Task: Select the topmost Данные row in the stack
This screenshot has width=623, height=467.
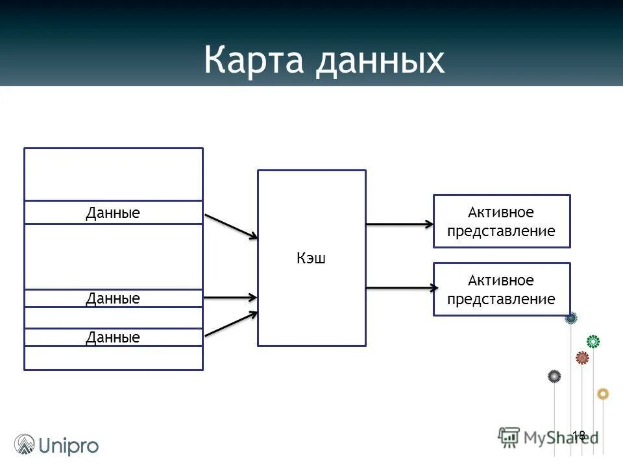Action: pyautogui.click(x=113, y=213)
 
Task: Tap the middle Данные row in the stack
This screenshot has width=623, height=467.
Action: pyautogui.click(x=113, y=298)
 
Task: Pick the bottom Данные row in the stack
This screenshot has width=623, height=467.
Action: pyautogui.click(x=113, y=337)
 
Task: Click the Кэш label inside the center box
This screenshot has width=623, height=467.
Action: pyautogui.click(x=311, y=258)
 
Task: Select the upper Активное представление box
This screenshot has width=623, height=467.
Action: pyautogui.click(x=502, y=221)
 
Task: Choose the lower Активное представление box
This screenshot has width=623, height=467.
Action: pyautogui.click(x=502, y=289)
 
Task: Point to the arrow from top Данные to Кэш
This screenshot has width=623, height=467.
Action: pyautogui.click(x=231, y=226)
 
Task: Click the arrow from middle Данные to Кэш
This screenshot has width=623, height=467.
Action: pyautogui.click(x=231, y=298)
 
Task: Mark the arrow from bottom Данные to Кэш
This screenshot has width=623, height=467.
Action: pyautogui.click(x=231, y=324)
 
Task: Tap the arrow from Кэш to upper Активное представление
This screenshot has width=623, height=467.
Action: pyautogui.click(x=399, y=224)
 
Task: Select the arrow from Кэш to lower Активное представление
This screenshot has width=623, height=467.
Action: pyautogui.click(x=399, y=287)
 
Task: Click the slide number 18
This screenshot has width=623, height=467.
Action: pyautogui.click(x=579, y=435)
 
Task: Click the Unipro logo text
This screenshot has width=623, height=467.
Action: pyautogui.click(x=69, y=446)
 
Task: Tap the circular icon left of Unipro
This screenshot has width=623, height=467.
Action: pyautogui.click(x=25, y=444)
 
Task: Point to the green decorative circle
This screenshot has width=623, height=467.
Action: pyautogui.click(x=593, y=341)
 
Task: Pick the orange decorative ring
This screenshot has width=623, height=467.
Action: pyautogui.click(x=603, y=394)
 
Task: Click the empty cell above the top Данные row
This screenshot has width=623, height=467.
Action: pyautogui.click(x=113, y=174)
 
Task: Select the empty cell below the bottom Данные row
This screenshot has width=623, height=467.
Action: pyautogui.click(x=113, y=358)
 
